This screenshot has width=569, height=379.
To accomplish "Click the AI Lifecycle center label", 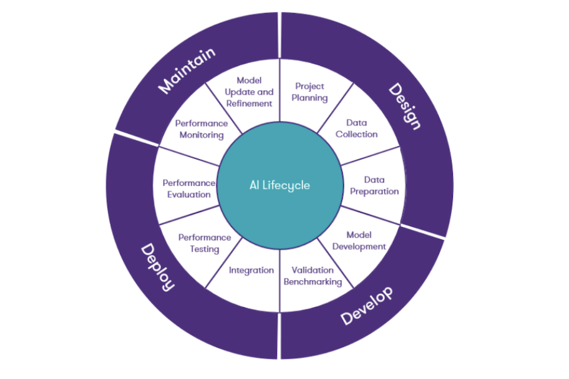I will click(x=279, y=185).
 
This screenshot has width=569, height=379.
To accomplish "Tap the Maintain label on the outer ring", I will click(x=187, y=71).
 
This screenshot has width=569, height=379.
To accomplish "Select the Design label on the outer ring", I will click(x=404, y=107).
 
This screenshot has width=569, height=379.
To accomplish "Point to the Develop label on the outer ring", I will click(x=367, y=306).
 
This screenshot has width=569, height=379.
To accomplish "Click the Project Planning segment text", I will click(x=311, y=92).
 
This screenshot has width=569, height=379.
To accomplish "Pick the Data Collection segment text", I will click(x=356, y=129).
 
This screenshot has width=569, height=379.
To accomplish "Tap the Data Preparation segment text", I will click(x=373, y=185).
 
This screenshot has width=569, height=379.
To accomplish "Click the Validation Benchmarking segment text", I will click(x=312, y=276).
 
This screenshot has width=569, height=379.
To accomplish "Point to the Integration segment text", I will click(x=251, y=270).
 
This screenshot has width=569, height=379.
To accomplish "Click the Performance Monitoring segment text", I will click(x=201, y=129).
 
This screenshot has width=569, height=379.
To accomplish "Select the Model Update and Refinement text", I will click(x=248, y=92).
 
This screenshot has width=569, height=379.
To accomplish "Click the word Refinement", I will click(x=248, y=104).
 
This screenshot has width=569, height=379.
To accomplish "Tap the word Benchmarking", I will click(x=312, y=282).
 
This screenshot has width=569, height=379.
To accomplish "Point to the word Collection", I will click(x=356, y=134).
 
